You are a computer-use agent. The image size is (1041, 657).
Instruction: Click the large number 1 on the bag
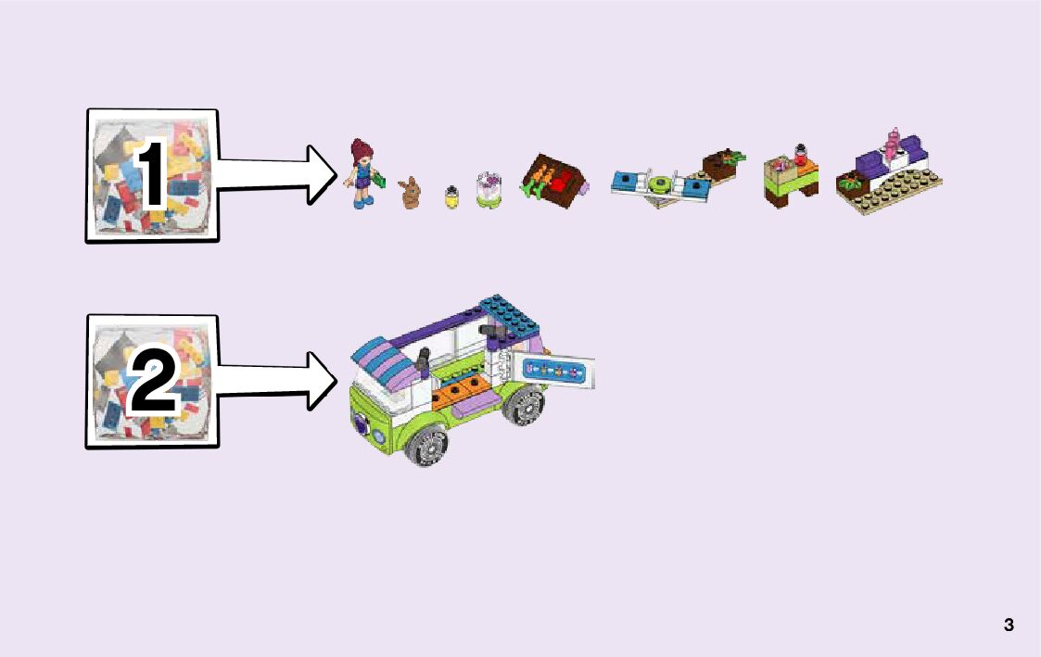point(150,176)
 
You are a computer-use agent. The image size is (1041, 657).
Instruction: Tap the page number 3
point(1009,625)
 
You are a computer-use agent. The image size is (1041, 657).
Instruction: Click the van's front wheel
point(426,448)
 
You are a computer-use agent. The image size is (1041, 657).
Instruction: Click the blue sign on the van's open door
point(556,371)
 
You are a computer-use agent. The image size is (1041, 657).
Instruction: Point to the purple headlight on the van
point(359,428)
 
